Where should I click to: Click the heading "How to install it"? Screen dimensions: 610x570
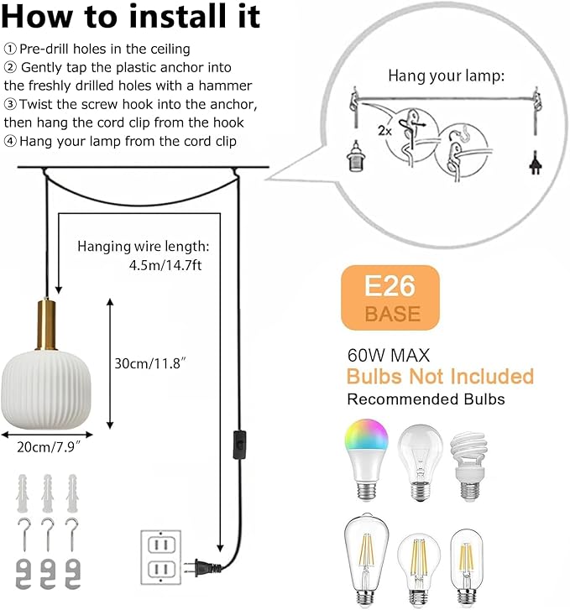[x=132, y=18]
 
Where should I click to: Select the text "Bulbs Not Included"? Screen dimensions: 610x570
[x=440, y=375]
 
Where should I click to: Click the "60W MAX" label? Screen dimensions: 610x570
[x=384, y=354]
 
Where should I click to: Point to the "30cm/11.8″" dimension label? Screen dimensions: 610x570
[x=149, y=364]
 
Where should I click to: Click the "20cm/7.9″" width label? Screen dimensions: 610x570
[x=49, y=446]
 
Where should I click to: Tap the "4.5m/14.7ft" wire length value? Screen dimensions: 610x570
[x=165, y=264]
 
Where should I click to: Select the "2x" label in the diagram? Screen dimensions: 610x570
[x=384, y=131]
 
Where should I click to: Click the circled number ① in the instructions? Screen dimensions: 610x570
[x=10, y=49]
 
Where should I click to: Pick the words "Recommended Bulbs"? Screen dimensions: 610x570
[x=426, y=399]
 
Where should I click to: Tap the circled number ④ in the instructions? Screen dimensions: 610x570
[x=10, y=141]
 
